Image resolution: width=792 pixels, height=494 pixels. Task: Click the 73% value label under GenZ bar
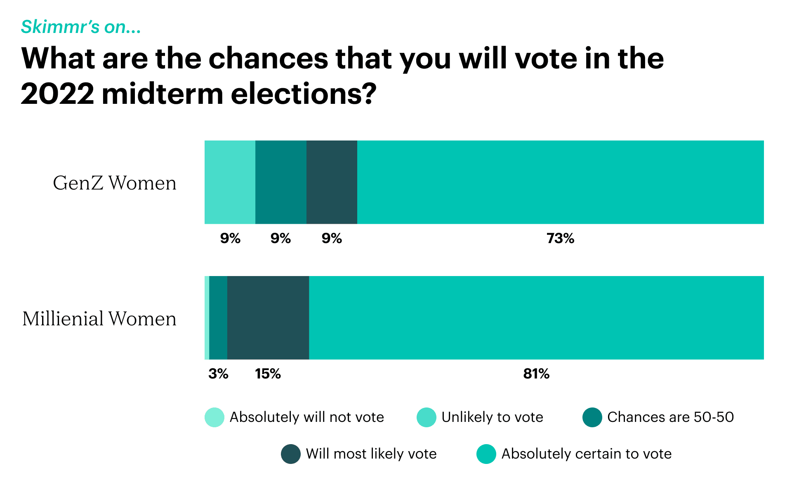point(560,239)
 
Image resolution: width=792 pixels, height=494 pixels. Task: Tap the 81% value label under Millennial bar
point(536,374)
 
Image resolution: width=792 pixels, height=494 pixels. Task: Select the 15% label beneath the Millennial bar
point(268,374)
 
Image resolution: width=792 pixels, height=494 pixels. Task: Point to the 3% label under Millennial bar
point(218,374)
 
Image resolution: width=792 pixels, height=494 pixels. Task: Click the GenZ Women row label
point(114,183)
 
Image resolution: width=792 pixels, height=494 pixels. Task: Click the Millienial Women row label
point(99,319)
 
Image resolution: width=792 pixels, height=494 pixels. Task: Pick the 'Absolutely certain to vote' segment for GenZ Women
point(560,182)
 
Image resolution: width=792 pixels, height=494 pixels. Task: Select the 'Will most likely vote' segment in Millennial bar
point(268,318)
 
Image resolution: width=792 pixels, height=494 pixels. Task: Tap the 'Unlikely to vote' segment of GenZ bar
point(230,182)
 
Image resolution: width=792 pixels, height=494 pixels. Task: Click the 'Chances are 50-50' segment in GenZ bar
point(281,182)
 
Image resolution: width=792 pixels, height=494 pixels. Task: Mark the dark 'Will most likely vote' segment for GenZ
point(332,182)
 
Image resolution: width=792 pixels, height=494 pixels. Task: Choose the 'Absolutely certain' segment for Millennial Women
point(536,318)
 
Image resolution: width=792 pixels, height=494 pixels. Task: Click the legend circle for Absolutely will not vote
point(214,417)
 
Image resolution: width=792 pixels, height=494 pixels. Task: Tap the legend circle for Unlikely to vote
point(427,417)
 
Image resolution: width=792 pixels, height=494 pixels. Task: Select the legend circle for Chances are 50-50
point(592,417)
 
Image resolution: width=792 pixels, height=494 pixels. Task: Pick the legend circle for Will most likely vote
point(291,454)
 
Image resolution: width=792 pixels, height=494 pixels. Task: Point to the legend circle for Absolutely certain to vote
point(486,454)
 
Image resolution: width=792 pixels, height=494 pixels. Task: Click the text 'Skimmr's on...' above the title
point(81,27)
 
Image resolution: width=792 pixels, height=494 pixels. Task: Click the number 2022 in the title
point(57,94)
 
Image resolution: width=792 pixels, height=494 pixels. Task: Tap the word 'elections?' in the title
point(303,94)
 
